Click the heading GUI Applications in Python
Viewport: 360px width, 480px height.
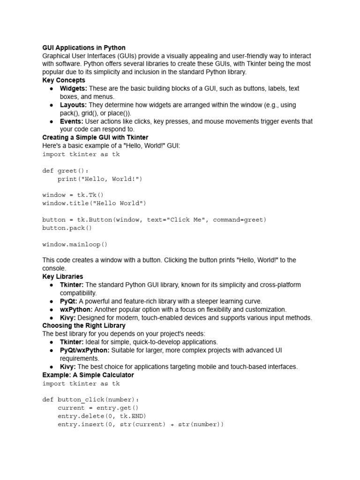(x=84, y=48)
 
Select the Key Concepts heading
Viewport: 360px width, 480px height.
(x=64, y=80)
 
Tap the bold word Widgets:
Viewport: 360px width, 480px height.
(x=73, y=89)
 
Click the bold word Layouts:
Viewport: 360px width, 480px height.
(x=73, y=105)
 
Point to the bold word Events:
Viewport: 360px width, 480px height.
(x=72, y=121)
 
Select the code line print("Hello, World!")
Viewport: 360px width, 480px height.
(x=99, y=179)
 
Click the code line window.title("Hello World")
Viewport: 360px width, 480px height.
(x=94, y=203)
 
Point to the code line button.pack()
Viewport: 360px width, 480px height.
(x=67, y=228)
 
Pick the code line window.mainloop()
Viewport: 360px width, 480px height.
(x=75, y=244)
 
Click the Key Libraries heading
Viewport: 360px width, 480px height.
(x=63, y=277)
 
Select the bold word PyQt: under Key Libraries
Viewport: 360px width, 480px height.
(x=68, y=301)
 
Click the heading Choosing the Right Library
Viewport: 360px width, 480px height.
(x=84, y=325)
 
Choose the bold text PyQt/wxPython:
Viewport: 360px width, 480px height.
(x=84, y=350)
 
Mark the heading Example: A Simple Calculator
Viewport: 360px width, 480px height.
(x=88, y=375)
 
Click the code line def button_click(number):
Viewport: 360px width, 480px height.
(x=90, y=400)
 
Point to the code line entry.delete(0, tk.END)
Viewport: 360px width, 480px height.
(x=102, y=416)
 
